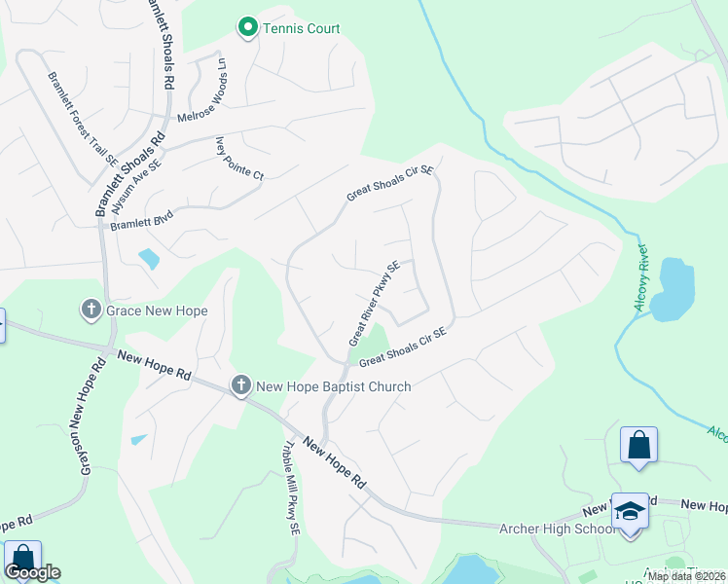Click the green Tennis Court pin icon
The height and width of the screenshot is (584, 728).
[248, 28]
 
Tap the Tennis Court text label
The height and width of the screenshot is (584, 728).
[301, 28]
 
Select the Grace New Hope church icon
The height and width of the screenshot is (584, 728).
[91, 310]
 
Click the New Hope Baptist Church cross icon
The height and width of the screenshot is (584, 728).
[241, 386]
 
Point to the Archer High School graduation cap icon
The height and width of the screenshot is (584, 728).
[630, 511]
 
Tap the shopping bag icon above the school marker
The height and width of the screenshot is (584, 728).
[638, 445]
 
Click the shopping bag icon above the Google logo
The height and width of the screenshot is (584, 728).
[21, 559]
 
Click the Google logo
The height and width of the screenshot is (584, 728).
[32, 572]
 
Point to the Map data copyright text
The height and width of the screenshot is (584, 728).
[686, 576]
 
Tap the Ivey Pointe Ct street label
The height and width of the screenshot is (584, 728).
[238, 159]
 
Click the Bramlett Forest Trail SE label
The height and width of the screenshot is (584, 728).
[82, 116]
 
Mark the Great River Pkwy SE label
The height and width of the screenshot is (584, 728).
[375, 303]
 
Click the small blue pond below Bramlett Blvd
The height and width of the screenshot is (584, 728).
[149, 258]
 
